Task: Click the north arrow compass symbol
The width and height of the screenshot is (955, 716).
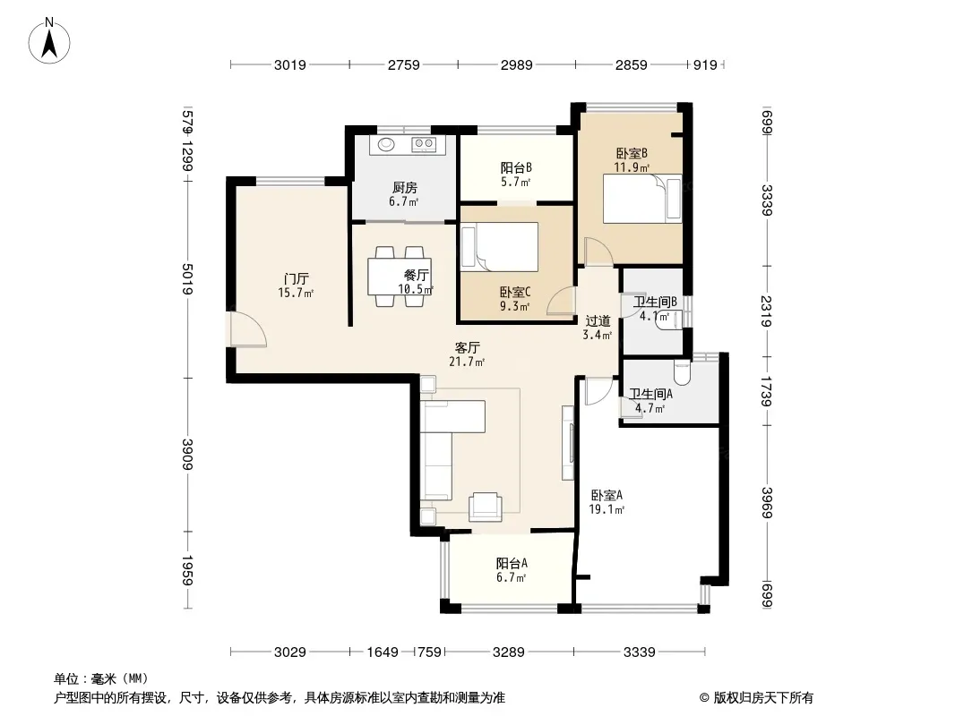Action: (x=49, y=41)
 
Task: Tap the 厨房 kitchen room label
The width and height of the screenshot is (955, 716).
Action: (x=404, y=188)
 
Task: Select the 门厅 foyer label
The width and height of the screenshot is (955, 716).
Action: (x=296, y=279)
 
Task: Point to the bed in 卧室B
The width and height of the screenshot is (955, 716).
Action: (x=642, y=199)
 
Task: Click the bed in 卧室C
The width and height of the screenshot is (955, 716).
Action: (x=499, y=246)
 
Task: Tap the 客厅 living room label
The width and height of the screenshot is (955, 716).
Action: (x=467, y=348)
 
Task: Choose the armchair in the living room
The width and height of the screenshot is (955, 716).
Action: (x=486, y=507)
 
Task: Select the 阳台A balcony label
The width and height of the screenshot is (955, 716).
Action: (x=512, y=563)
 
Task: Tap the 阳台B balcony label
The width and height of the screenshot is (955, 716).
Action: (x=516, y=167)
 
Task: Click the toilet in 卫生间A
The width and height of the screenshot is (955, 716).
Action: (x=682, y=372)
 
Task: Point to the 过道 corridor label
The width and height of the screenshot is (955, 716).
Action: (x=598, y=320)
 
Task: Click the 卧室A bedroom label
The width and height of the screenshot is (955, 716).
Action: (x=607, y=495)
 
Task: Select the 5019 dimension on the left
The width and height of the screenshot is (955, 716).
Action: (x=187, y=279)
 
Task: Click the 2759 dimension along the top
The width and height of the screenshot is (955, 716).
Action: (x=404, y=64)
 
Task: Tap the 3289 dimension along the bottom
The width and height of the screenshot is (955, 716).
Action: (x=509, y=652)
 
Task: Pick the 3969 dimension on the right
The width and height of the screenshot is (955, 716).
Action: (x=767, y=503)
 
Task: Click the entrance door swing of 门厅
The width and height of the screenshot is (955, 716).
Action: (x=248, y=329)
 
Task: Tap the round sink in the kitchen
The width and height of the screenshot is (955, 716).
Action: (x=386, y=144)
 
